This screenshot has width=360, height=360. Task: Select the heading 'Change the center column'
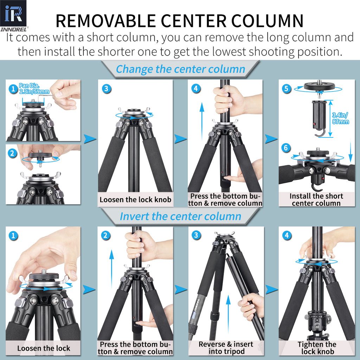[180, 69]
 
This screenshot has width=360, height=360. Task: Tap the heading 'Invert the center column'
[180, 216]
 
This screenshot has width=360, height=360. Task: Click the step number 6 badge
[286, 148]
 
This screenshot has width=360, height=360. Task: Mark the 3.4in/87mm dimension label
[340, 118]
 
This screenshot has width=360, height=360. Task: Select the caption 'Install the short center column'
[316, 199]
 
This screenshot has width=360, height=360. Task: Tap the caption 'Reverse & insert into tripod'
[226, 347]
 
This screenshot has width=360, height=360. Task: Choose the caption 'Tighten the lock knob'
[317, 348]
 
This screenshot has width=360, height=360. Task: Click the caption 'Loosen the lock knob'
[135, 200]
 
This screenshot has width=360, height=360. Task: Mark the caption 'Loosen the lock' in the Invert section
[44, 348]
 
